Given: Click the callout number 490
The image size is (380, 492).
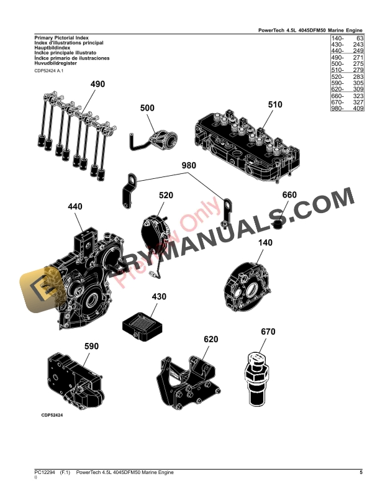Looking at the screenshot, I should coord(98,84).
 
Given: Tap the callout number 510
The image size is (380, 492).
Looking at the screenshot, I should coord(275,105).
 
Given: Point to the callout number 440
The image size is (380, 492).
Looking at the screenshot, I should coord(75,207).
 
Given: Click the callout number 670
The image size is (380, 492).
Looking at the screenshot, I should coord(268,331).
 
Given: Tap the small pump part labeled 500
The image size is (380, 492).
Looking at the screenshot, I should coord(157,138).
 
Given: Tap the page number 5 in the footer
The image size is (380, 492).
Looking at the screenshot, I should coord(361,473).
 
